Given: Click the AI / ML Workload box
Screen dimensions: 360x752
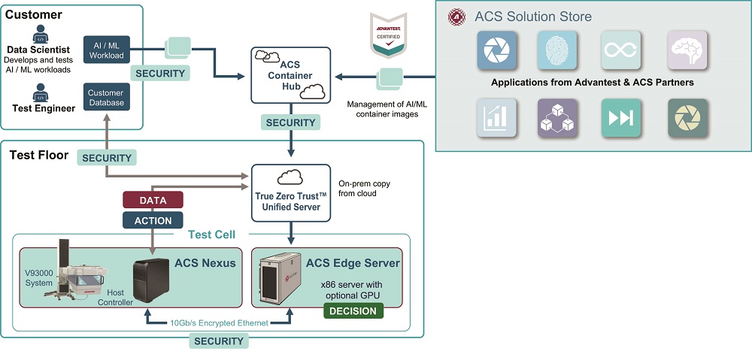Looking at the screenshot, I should coord(106,50).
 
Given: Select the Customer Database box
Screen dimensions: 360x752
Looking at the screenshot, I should coord(106,98).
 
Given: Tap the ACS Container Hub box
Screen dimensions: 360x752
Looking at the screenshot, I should coord(290,75).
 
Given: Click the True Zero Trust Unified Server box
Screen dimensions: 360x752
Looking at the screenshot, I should coord(290,193).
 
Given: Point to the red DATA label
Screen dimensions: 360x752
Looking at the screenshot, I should coord(153,200).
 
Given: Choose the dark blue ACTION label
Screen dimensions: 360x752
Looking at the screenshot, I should coord(153,220).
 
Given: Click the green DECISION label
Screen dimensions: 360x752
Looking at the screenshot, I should coord(353,310).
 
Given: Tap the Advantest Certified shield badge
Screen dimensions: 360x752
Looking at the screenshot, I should coord(388,35).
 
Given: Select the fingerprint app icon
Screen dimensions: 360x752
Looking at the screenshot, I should coord(556,50).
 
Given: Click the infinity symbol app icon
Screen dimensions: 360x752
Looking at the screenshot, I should coord(620,50).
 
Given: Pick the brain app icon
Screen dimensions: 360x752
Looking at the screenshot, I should coord(687,50).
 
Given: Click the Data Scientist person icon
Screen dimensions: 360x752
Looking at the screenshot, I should coord(40,34).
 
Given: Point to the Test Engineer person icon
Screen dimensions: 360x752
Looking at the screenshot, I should coord(40,93).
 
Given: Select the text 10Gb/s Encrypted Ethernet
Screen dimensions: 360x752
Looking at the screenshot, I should coord(218,323).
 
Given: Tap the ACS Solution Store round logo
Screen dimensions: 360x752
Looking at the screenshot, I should coord(456,17).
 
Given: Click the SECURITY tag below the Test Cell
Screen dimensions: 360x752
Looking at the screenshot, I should coord(219,340).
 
